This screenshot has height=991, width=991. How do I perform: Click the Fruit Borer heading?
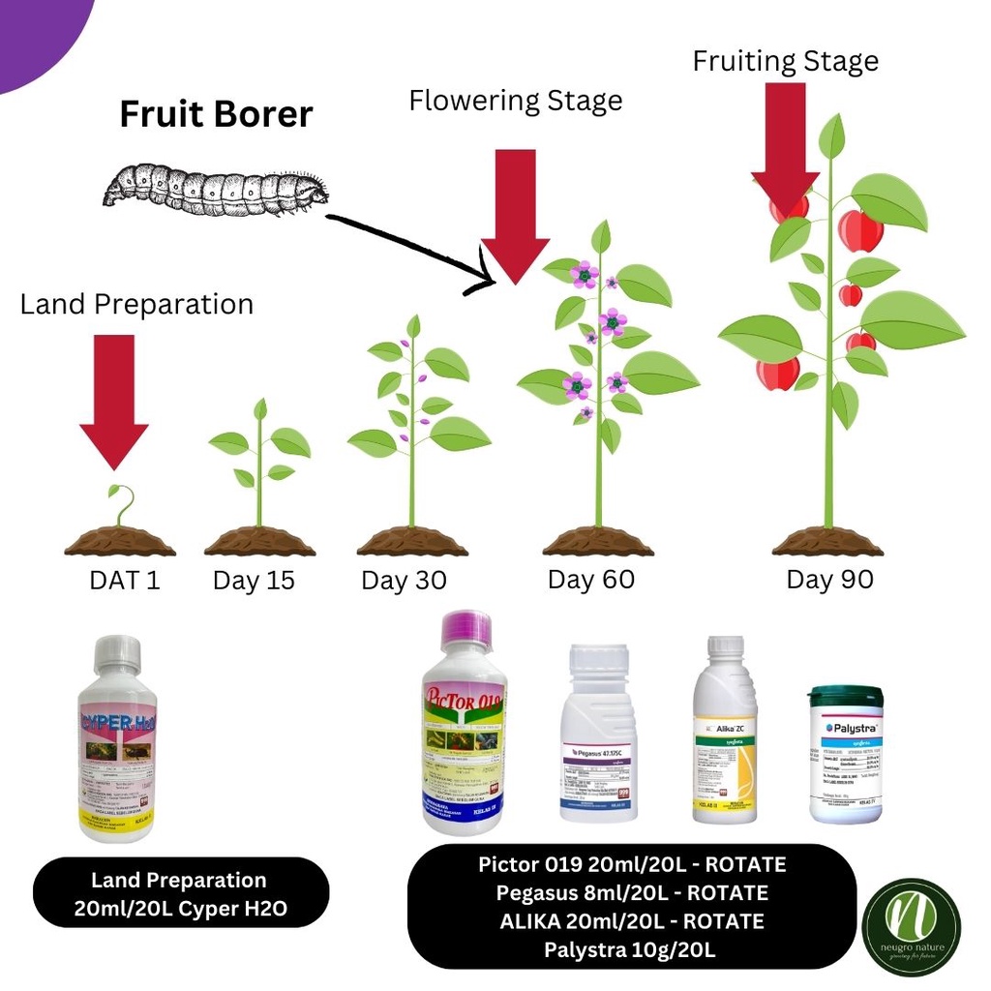point(216,114)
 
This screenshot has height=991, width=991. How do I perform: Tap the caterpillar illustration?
point(215,188)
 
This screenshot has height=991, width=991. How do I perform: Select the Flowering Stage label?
point(515,100)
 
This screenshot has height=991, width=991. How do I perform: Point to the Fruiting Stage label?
point(785,61)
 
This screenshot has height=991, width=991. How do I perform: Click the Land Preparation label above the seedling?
point(136,304)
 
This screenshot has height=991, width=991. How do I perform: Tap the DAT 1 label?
point(125,581)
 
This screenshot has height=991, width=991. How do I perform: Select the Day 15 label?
point(254,582)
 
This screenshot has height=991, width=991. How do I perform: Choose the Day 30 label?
point(404,582)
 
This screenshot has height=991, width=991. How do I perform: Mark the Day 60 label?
point(590,580)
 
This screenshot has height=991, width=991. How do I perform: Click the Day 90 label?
point(829,580)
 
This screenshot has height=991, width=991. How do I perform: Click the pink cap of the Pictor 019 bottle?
point(465,630)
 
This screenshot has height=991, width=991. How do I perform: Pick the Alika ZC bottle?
point(724,730)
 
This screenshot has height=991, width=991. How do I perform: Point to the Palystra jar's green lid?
point(846,696)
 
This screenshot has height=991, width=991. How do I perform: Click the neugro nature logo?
point(911,927)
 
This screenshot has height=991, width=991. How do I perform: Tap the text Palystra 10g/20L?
point(629,949)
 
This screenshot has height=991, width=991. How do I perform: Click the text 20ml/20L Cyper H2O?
point(179,910)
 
